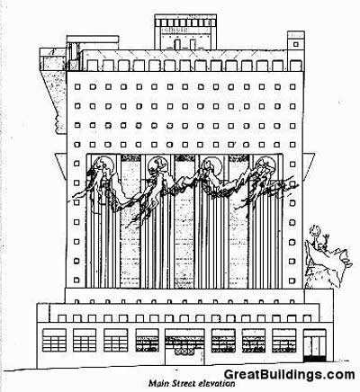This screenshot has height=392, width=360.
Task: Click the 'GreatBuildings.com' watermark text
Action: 290,375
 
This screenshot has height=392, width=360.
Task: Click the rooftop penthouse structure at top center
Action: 185,32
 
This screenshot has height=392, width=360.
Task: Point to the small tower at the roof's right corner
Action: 296,45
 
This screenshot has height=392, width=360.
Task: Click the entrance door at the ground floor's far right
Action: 314,345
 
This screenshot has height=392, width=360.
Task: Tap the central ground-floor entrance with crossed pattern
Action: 184,347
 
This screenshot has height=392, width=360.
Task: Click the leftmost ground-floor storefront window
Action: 54,340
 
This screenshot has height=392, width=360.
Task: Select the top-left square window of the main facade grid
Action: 77,87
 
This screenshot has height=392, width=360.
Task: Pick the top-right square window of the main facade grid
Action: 292,87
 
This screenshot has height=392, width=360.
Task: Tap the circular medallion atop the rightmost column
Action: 265,165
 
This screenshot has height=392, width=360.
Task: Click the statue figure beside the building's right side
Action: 326,258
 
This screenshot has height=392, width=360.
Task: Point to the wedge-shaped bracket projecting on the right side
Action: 309,165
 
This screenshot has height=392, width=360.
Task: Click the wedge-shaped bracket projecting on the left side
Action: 61,165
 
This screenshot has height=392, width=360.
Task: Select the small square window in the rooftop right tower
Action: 296,44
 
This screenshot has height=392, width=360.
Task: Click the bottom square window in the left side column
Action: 76,281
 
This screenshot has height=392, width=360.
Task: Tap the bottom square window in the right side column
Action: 292,281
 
